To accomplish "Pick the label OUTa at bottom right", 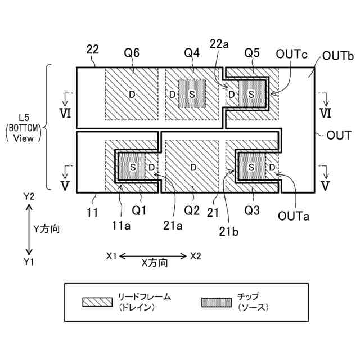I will (x=291, y=215).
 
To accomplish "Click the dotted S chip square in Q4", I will (x=191, y=94).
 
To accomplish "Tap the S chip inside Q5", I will (x=251, y=94).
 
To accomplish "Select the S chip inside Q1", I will (x=133, y=167).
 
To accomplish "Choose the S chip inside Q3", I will (x=251, y=167).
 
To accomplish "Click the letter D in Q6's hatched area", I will (x=132, y=94).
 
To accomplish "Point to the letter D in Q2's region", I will (x=193, y=167).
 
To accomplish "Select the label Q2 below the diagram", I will (x=192, y=209).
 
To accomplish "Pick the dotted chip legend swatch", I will (x=217, y=302).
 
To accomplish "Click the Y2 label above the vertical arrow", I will (x=29, y=196).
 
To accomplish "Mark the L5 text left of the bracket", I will (x=24, y=118).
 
